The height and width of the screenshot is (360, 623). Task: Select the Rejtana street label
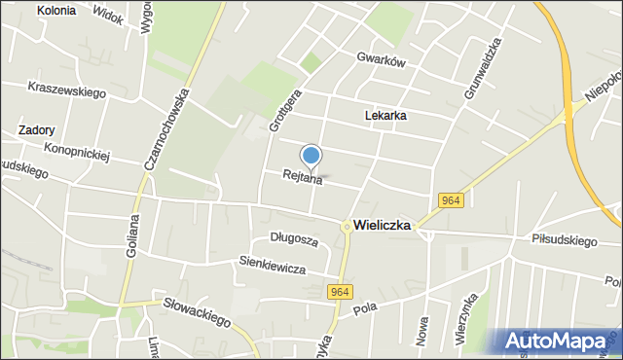(x=302, y=177)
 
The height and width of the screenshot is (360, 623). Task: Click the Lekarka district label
(x=385, y=115)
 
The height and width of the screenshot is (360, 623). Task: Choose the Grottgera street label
(x=277, y=112)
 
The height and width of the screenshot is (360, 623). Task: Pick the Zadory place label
(x=36, y=129)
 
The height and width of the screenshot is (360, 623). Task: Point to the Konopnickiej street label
(x=79, y=152)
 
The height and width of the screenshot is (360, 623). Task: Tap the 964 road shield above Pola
(x=340, y=291)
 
